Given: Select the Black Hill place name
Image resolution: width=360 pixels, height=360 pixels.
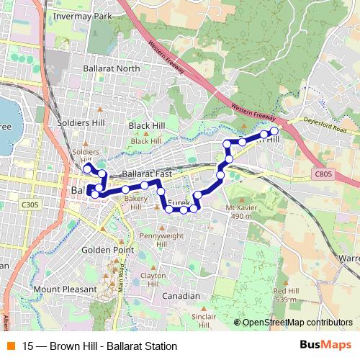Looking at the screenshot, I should pyautogui.click(x=146, y=125).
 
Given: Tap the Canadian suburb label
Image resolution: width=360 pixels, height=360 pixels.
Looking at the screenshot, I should pyautogui.click(x=181, y=296).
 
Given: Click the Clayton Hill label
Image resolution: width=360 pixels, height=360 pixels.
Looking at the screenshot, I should pyautogui.click(x=153, y=279).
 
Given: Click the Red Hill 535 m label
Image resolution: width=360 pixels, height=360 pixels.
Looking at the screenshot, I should pyautogui.click(x=285, y=294).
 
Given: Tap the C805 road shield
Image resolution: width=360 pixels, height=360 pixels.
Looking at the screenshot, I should pyautogui.click(x=323, y=174).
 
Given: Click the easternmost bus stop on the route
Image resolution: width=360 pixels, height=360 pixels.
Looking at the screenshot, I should pyautogui.click(x=274, y=131).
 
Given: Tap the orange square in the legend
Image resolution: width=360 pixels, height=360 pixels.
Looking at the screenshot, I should pyautogui.click(x=10, y=346).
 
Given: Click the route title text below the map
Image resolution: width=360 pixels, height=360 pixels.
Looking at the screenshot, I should pyautogui.click(x=99, y=346).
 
